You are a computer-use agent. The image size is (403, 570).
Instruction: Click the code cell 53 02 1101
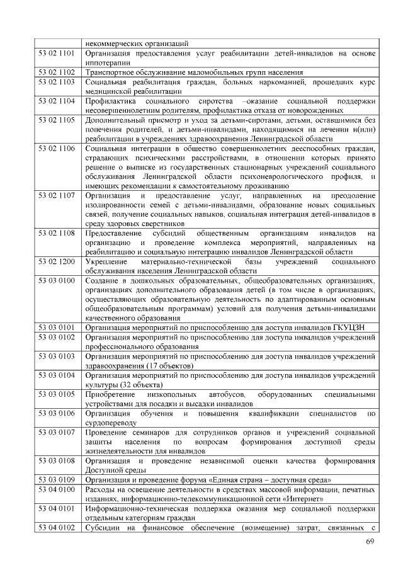point(57,54)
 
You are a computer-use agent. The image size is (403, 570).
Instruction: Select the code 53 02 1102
point(57,72)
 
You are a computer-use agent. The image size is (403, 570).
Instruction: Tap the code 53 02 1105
point(57,120)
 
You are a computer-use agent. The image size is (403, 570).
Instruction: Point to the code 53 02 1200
point(57,261)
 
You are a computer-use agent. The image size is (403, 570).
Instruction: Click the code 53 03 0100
point(57,280)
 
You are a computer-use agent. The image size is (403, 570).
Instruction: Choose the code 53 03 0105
point(57,394)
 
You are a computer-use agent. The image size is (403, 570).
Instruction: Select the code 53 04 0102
point(57,527)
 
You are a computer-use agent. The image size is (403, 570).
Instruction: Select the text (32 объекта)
point(138,385)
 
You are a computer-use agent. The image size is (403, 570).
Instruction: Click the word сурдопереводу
point(111,423)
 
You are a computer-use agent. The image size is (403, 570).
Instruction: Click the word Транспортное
point(110,72)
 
